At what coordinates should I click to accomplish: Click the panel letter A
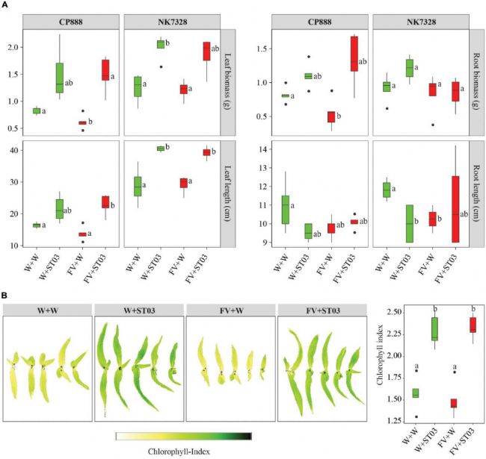[x=5, y=5]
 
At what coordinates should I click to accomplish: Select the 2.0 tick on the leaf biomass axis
[x=13, y=47]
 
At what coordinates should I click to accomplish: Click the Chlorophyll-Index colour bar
[x=183, y=435]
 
